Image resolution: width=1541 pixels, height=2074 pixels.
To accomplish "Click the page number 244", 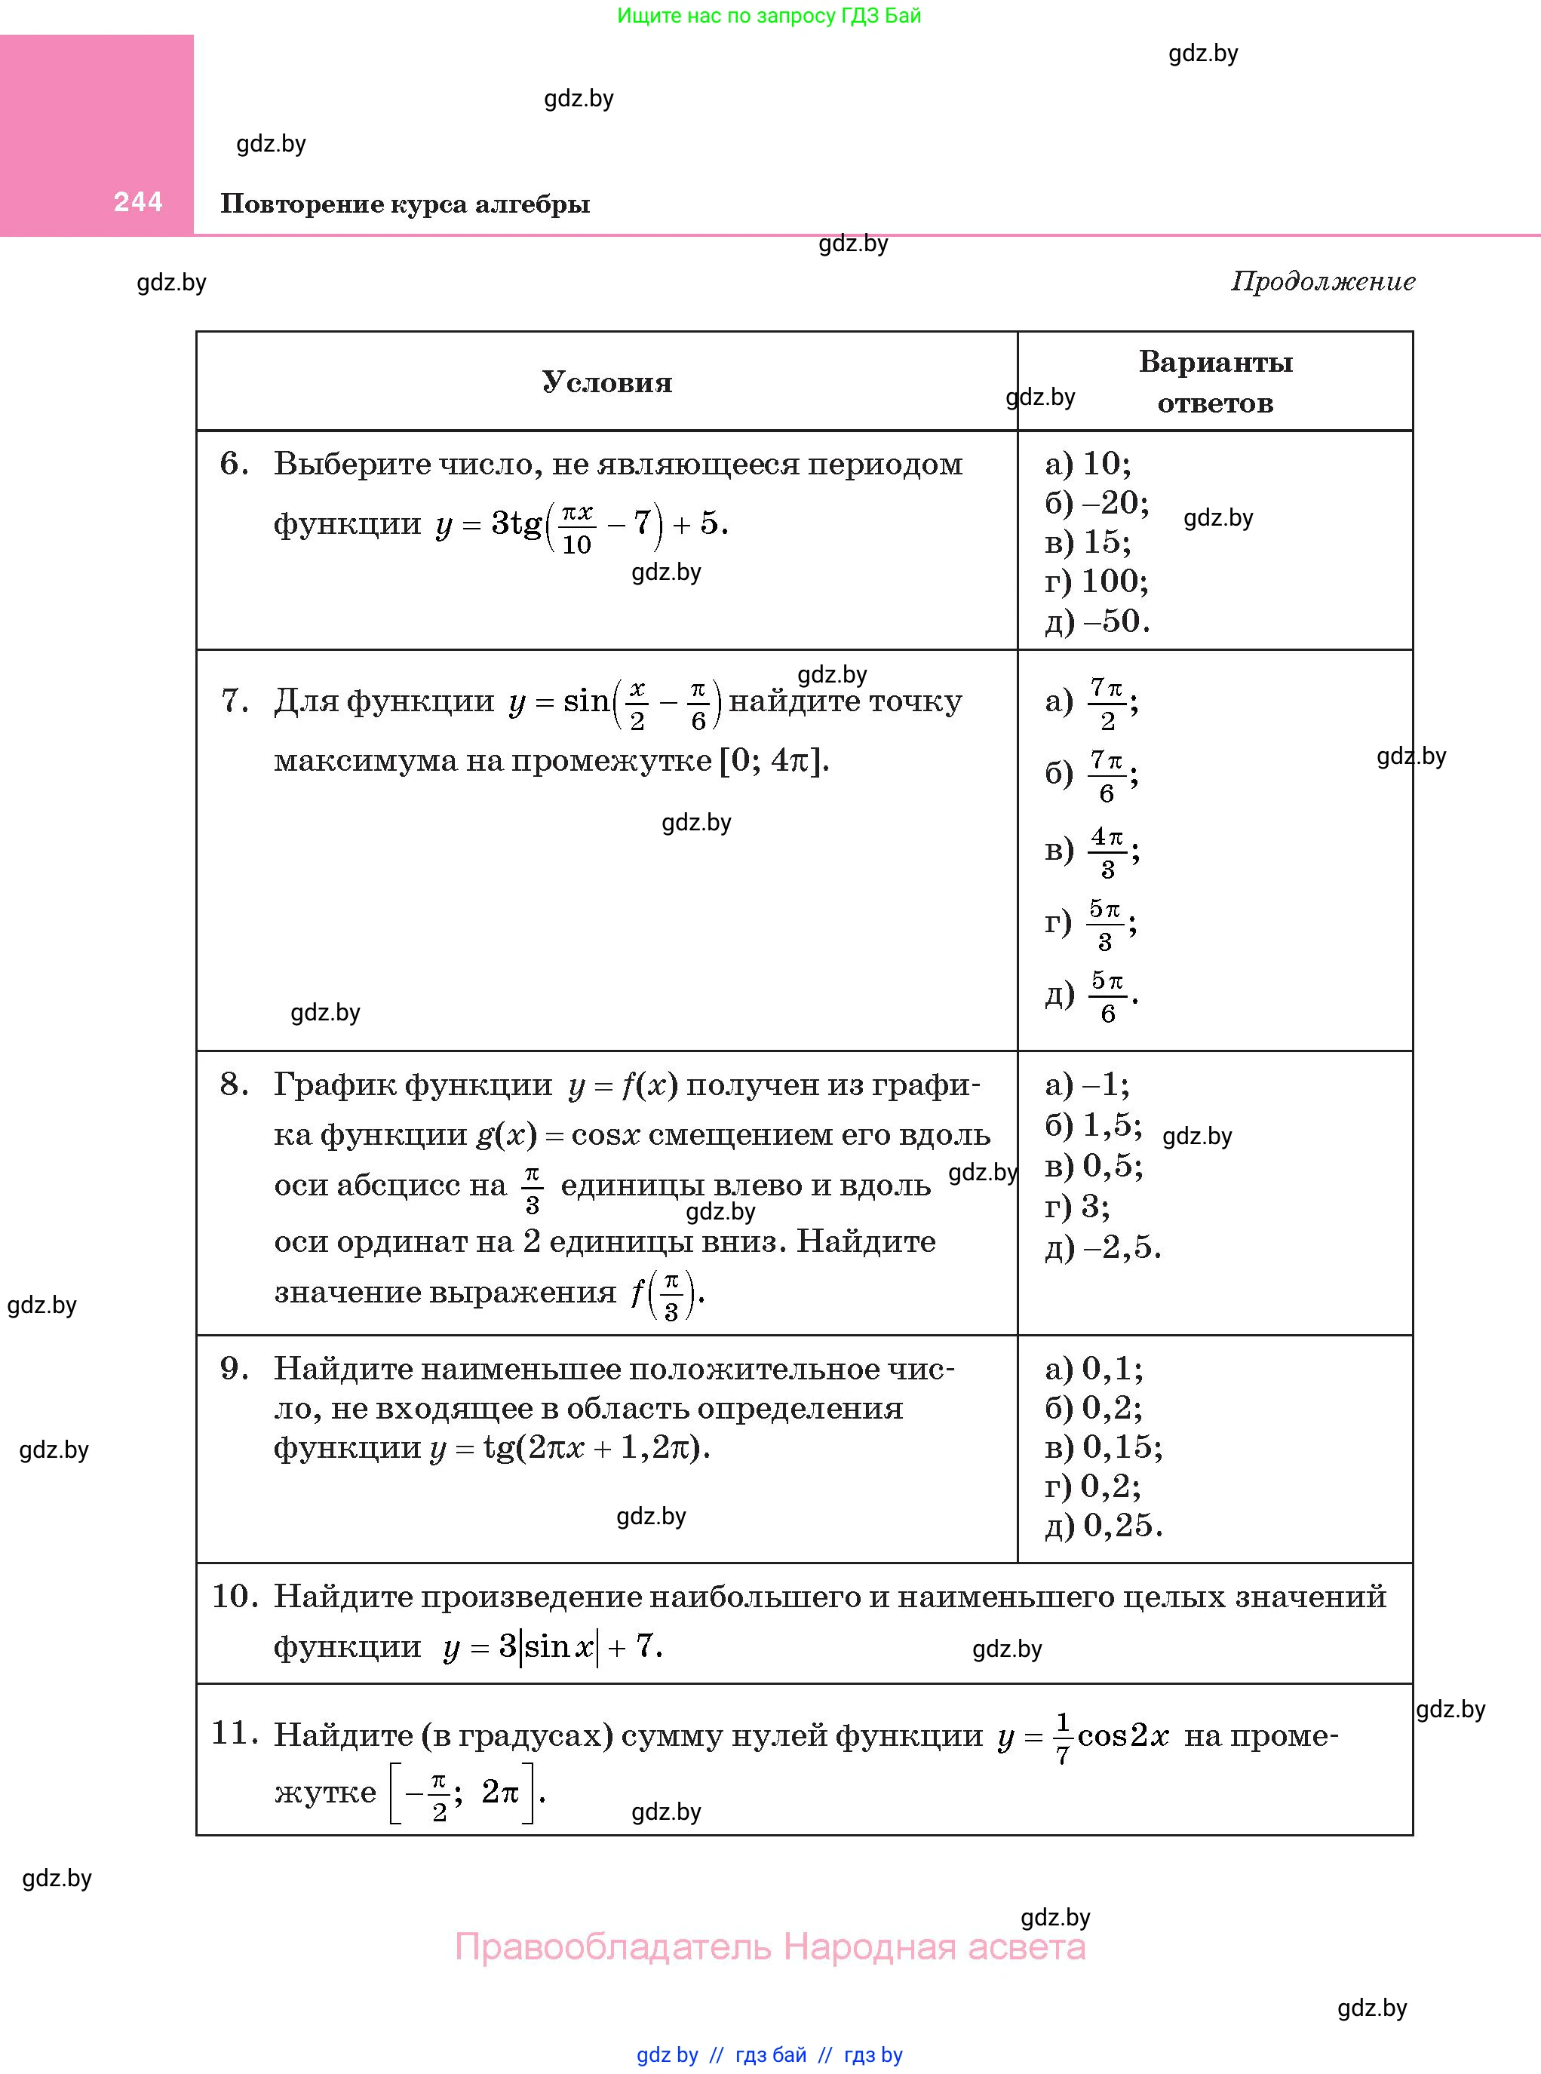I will point(138,201).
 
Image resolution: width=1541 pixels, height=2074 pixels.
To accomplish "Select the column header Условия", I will point(606,382).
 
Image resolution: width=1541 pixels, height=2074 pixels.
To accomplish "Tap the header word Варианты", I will point(1214,362).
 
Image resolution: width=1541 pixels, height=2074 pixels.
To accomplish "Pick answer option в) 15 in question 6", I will point(1088,542).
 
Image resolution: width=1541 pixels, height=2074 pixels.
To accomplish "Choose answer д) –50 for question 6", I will point(1097,621).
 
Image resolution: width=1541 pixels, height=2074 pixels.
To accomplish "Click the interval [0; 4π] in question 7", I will point(773,761).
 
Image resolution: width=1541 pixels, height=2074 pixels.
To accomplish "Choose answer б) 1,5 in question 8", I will point(1093,1125).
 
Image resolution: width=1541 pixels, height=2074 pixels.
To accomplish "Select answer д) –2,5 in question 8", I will point(1103,1247).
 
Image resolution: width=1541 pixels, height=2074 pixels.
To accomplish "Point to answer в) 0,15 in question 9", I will point(1104,1447).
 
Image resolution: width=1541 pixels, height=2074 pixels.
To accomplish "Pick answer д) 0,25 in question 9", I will point(1104,1526).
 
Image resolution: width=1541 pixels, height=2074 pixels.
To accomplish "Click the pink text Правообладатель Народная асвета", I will point(769,1947).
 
